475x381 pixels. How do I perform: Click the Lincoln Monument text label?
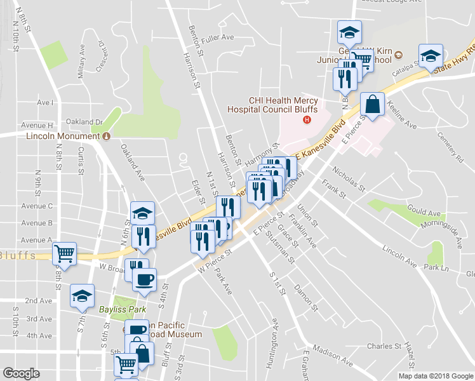coord(64,136)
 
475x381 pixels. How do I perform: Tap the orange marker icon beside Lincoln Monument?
coord(107,136)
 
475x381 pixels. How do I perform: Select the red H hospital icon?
coord(308,120)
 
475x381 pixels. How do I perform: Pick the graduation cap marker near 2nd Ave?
coord(82,297)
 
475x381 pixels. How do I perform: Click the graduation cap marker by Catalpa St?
coord(431,56)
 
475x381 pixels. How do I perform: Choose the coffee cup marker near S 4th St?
coord(144,279)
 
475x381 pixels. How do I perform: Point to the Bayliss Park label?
coord(122,310)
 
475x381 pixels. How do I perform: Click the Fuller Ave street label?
coord(219,37)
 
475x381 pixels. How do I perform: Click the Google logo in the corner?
coord(21,373)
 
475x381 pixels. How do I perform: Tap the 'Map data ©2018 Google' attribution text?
coord(435,376)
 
